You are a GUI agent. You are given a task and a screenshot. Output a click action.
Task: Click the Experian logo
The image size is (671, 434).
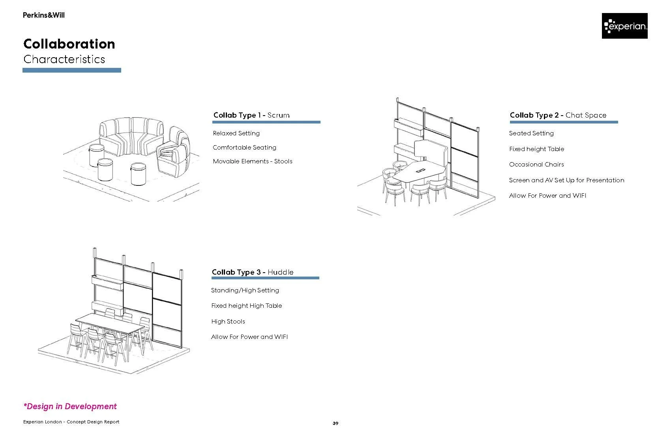coord(624,26)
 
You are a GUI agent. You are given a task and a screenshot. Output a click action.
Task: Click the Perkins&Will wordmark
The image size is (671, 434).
coord(43,15)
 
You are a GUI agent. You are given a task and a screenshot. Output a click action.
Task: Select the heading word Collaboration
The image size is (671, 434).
coord(69,44)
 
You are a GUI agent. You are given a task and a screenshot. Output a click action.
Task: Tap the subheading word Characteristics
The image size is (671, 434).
coord(64,59)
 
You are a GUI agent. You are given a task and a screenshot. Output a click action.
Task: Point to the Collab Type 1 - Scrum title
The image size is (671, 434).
coord(251,115)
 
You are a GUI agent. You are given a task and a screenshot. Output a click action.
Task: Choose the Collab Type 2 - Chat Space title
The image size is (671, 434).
coord(558,115)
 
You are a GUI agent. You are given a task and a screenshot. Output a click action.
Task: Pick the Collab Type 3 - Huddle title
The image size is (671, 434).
coord(253,272)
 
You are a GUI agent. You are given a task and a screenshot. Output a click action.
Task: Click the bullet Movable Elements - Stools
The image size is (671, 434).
coord(253,161)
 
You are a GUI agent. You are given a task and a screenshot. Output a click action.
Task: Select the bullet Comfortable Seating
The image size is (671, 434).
coord(244,148)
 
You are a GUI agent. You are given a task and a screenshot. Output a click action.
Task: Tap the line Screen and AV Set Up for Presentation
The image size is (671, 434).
coord(566,180)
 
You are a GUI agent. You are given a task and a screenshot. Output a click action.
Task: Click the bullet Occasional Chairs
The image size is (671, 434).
coord(536,165)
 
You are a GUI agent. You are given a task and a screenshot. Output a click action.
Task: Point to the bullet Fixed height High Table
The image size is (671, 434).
coord(246,306)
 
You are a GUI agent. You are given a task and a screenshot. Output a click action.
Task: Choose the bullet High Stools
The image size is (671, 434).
coord(228,322)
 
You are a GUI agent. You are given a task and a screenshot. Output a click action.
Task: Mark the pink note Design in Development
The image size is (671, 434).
coord(70,406)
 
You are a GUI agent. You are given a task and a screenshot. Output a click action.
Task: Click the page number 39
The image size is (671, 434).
coord(335,423)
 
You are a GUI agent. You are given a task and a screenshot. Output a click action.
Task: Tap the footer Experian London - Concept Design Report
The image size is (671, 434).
coord(71,422)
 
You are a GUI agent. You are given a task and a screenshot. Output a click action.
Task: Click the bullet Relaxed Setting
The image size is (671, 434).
coord(236,133)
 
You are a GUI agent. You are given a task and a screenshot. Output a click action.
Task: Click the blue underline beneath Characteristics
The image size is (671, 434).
coord(72,70)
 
